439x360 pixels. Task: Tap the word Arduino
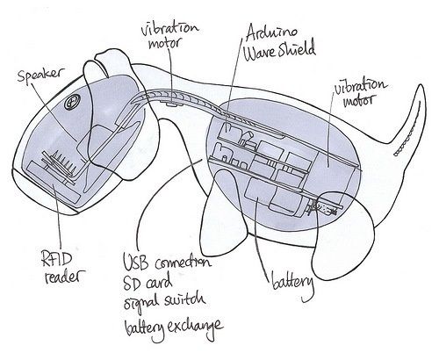point(271,33)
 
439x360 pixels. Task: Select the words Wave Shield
point(280,51)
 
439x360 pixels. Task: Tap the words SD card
point(148,282)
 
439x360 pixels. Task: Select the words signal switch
point(164,300)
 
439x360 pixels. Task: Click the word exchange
point(195,327)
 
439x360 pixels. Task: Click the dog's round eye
point(70,103)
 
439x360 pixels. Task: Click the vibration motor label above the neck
point(169,36)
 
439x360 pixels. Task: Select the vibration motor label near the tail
point(360,92)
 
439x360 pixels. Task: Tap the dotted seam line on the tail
point(408,132)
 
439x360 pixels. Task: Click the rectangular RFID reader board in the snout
point(54,184)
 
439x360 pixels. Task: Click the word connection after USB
point(183,263)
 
